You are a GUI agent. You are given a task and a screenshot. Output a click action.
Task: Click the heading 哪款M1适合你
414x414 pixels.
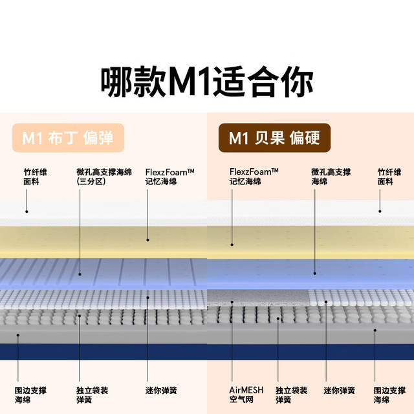[x=207, y=82]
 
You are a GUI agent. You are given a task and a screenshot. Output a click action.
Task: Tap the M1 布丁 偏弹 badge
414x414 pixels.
[x=68, y=138]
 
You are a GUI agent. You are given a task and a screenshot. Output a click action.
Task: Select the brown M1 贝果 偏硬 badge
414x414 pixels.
[x=274, y=138]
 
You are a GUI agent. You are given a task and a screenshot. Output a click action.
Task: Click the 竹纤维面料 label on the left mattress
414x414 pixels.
[x=36, y=177]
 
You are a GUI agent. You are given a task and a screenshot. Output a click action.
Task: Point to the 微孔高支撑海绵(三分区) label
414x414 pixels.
[x=104, y=177]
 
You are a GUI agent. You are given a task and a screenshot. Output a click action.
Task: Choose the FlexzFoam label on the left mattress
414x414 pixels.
[x=169, y=177]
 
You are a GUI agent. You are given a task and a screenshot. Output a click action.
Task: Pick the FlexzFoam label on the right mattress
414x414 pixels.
[x=254, y=177]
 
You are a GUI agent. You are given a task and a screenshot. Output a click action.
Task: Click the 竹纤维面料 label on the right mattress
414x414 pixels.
[x=389, y=177]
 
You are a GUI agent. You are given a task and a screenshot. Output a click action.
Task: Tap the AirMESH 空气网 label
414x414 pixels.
[x=246, y=395]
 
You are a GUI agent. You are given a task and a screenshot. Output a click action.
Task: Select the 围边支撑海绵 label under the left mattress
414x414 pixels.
[x=30, y=395]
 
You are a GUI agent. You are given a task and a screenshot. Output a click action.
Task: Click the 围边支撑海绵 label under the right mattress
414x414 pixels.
[x=389, y=395]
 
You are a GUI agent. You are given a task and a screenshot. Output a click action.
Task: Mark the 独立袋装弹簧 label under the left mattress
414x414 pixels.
[x=92, y=395]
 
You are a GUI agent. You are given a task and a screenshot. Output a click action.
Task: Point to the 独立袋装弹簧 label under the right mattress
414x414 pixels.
[x=292, y=395]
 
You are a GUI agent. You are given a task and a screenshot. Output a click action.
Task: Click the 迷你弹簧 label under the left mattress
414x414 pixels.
[x=161, y=390]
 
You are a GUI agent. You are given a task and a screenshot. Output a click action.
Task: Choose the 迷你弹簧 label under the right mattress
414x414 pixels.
[x=339, y=390]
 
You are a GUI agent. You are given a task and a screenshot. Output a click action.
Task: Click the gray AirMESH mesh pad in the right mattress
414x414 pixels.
[x=258, y=298]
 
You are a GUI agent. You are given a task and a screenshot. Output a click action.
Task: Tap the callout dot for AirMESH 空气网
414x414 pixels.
[x=232, y=302]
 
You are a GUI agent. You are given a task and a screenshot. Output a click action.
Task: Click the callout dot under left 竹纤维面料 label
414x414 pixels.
[x=27, y=212]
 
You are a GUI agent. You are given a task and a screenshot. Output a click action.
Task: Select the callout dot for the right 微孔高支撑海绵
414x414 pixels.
[x=315, y=273]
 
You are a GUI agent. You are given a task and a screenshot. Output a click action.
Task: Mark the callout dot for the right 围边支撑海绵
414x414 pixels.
[x=375, y=331]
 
